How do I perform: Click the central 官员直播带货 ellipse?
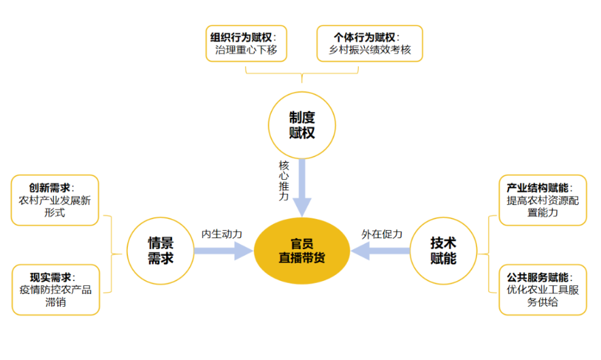click(x=302, y=250)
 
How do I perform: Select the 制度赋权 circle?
click(x=302, y=125)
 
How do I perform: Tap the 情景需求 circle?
click(x=161, y=250)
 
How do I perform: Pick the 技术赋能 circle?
click(x=443, y=250)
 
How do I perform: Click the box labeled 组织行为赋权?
click(x=246, y=44)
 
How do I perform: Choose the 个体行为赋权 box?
click(x=370, y=44)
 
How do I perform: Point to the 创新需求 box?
click(x=55, y=200)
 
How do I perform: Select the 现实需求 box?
click(x=55, y=289)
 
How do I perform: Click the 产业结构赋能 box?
click(x=542, y=200)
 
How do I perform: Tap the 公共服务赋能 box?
click(x=542, y=289)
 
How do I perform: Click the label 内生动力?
click(x=221, y=233)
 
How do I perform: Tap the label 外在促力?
click(x=382, y=233)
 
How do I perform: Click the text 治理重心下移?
click(x=246, y=50)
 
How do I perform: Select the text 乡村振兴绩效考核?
click(x=370, y=50)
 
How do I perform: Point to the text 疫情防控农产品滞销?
click(x=55, y=296)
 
